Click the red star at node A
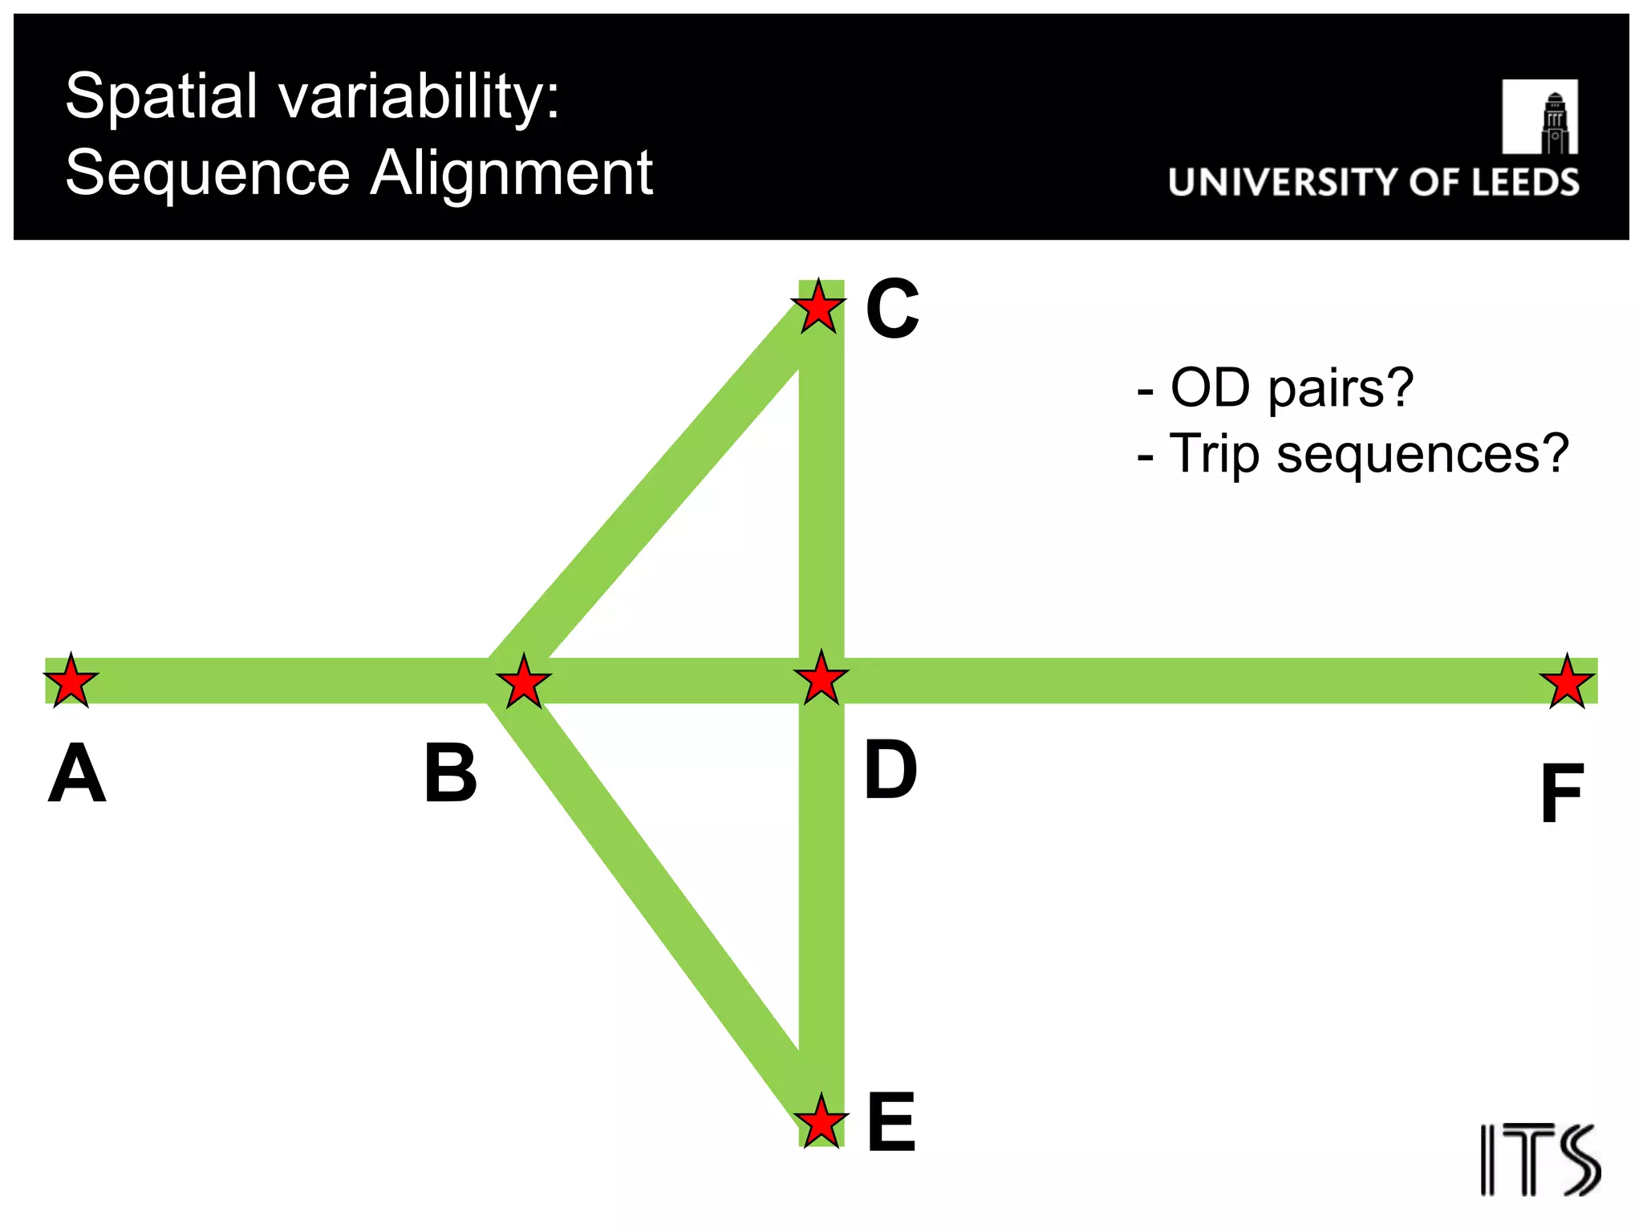[71, 681]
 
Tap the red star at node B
[524, 682]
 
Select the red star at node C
[818, 307]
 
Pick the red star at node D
[821, 679]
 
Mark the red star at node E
[821, 1121]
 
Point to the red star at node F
[1567, 682]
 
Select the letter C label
[892, 309]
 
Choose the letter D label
[890, 770]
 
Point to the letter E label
[891, 1122]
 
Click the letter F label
[1561, 794]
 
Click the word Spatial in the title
[161, 96]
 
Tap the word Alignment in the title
[512, 172]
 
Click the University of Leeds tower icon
[1540, 117]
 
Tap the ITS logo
[1540, 1160]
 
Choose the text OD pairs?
[1291, 388]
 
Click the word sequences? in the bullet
[1422, 454]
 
